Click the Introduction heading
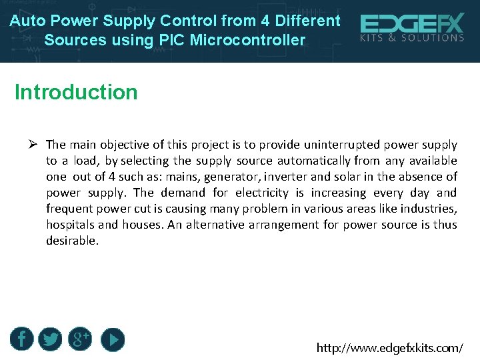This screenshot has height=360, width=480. coord(76,92)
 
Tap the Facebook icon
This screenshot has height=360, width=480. coord(21,339)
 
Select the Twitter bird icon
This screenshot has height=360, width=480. coord(50,339)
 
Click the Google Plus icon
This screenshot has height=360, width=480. coord(80,339)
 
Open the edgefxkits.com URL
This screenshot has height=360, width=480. coord(389,348)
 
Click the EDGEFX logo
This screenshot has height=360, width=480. coord(412,25)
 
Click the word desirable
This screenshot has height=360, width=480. coord(71,241)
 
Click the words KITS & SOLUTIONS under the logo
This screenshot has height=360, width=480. coord(412,38)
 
